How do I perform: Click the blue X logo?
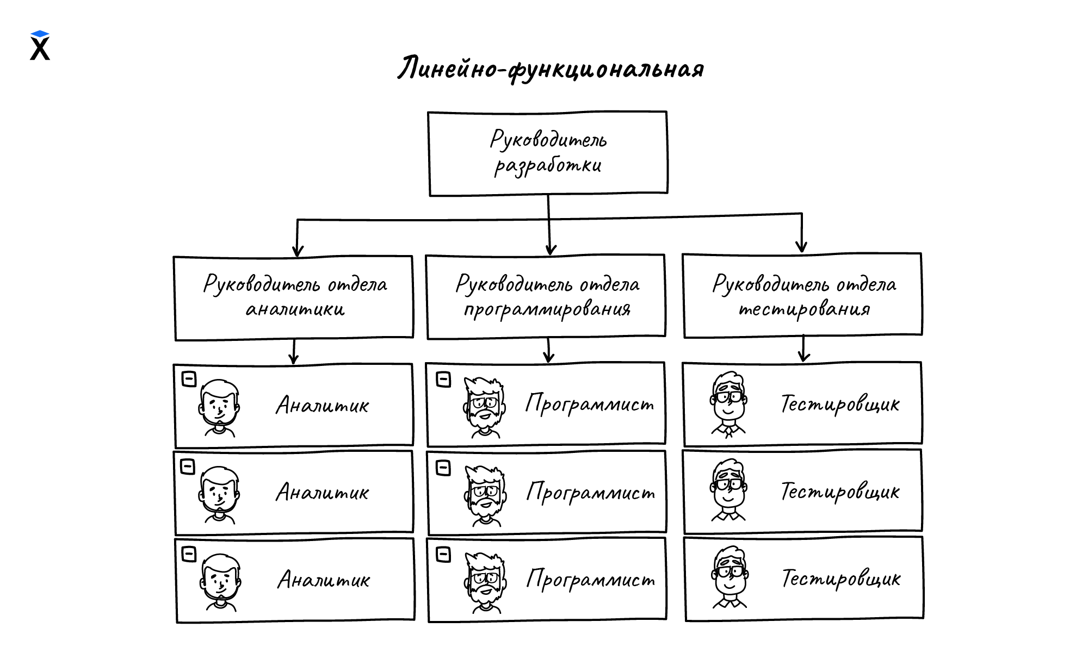[40, 46]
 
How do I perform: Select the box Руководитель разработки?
[548, 153]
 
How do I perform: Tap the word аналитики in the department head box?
[295, 309]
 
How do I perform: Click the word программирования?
[547, 309]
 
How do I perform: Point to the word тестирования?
[804, 309]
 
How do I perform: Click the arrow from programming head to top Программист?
[549, 351]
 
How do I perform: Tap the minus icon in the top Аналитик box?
[189, 379]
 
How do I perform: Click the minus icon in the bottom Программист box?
[444, 555]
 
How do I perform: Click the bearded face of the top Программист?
[484, 406]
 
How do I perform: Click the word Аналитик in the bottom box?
[324, 580]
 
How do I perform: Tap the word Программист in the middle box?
[591, 493]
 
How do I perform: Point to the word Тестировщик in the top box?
[840, 405]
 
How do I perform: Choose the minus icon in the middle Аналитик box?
[188, 467]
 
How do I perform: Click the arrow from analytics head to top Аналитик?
[294, 352]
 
